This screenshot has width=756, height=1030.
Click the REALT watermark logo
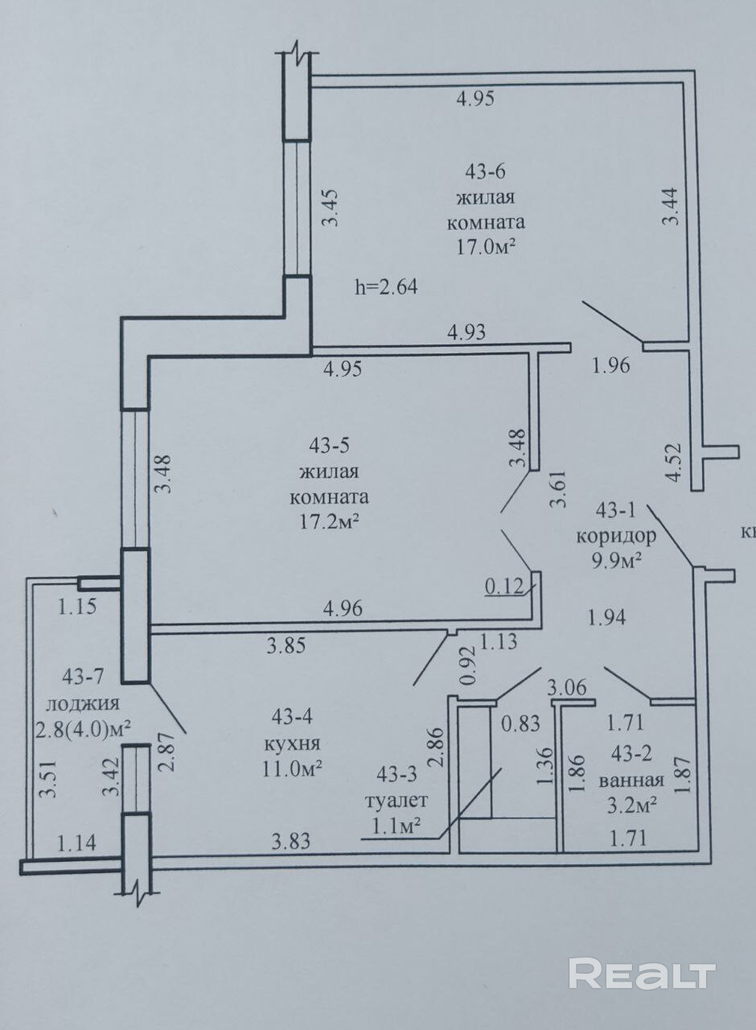[642, 974]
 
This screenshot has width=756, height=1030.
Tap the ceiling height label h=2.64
[386, 286]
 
